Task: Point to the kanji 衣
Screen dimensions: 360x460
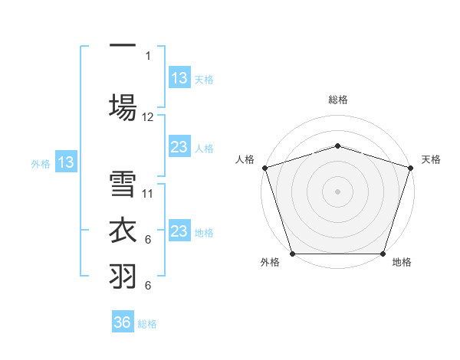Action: (123, 231)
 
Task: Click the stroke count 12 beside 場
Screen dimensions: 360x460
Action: (148, 117)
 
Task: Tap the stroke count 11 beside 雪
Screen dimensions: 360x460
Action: (148, 194)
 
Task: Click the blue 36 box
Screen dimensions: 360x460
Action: (123, 322)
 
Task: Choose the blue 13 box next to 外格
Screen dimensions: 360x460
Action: (65, 162)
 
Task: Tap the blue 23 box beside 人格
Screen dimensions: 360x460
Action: (179, 147)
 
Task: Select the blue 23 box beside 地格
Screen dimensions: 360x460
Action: (179, 231)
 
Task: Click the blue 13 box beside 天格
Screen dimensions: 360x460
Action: (179, 78)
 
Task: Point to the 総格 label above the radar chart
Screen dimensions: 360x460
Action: (337, 100)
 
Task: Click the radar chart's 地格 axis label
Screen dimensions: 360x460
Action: (402, 263)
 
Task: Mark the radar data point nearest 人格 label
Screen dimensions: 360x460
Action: (264, 168)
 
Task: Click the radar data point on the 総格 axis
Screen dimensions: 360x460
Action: (337, 146)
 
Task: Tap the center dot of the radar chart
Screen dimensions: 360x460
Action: (337, 191)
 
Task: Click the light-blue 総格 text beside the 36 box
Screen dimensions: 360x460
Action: (147, 324)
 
